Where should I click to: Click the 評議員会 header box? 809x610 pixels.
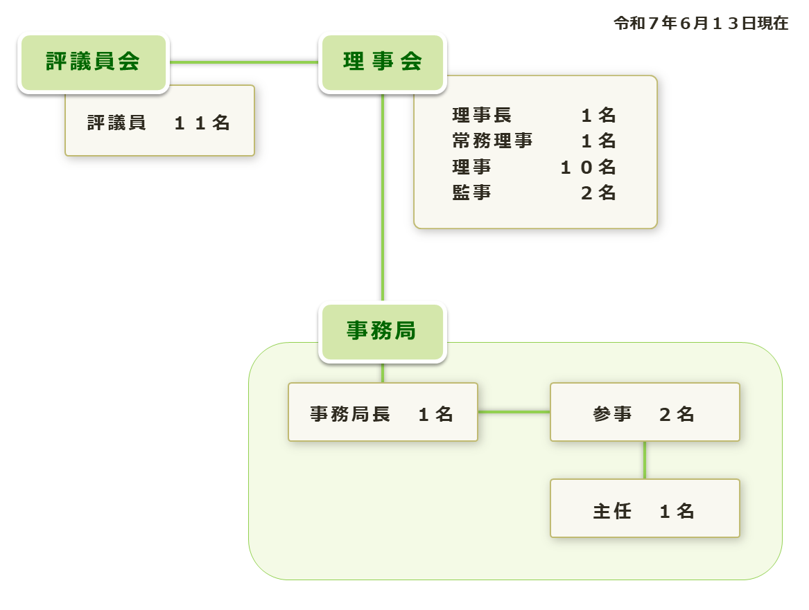(93, 62)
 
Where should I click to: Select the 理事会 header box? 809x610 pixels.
(382, 62)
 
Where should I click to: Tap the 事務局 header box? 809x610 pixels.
(382, 332)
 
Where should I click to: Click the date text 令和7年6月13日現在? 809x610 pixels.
(701, 24)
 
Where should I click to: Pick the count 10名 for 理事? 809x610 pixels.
(588, 168)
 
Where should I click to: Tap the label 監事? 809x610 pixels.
(472, 193)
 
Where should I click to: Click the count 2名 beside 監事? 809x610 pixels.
(598, 193)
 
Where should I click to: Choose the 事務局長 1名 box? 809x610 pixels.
(383, 413)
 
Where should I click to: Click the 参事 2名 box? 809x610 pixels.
(645, 413)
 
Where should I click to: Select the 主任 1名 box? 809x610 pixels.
(645, 510)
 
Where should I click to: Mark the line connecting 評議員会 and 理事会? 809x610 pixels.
(243, 62)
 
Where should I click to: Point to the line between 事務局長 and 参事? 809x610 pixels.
(514, 412)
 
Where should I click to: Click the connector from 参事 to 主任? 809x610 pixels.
(645, 460)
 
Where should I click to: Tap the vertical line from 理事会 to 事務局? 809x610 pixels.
(382, 197)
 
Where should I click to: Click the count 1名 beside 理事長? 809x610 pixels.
(598, 115)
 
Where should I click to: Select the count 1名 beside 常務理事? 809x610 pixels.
(598, 141)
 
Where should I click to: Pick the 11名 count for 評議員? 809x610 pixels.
(201, 123)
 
